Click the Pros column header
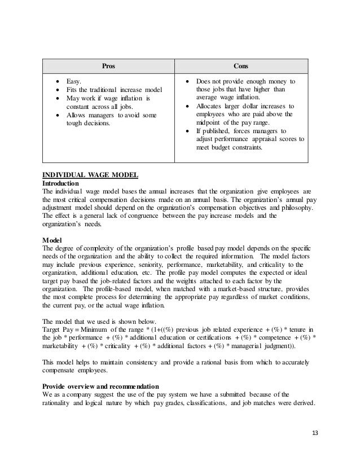pyautogui.click(x=106, y=65)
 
